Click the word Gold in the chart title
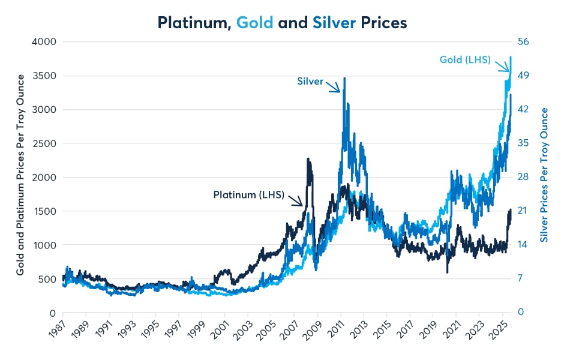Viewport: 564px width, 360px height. point(255,22)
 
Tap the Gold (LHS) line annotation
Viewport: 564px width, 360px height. point(465,59)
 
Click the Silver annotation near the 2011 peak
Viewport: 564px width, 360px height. point(310,80)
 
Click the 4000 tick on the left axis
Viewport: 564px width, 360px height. point(44,41)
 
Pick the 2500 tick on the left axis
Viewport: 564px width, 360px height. point(44,143)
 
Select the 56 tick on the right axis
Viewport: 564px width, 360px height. point(523,41)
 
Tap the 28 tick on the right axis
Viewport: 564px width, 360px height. point(523,177)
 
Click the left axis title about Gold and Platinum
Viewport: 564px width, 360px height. point(20,175)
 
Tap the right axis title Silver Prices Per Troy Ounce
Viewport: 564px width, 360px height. point(545,175)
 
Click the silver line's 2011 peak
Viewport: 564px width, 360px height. point(344,78)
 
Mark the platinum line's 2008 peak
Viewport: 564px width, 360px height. point(308,159)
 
